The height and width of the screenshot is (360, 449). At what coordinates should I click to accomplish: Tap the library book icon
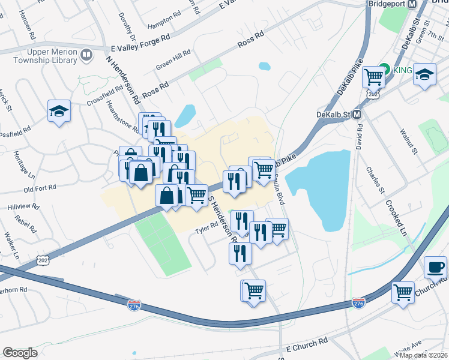[x=88, y=56]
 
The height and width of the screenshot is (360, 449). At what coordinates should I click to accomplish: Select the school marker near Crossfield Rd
[x=59, y=112]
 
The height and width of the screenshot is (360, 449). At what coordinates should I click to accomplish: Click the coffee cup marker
[x=435, y=267]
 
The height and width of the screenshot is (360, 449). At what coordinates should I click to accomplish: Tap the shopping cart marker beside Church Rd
[x=403, y=293]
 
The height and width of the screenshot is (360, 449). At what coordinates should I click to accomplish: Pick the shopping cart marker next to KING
[x=374, y=76]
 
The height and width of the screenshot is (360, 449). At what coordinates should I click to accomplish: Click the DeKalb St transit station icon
[x=357, y=114]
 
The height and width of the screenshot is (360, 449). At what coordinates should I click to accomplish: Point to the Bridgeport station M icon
[x=412, y=4]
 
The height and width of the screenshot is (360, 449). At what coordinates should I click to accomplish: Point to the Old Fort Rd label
[x=40, y=188]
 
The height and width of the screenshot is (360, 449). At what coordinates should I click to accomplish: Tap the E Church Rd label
[x=307, y=344]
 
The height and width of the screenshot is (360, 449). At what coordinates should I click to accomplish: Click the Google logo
[x=20, y=353]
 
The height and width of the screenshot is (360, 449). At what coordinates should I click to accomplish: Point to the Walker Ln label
[x=11, y=245]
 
